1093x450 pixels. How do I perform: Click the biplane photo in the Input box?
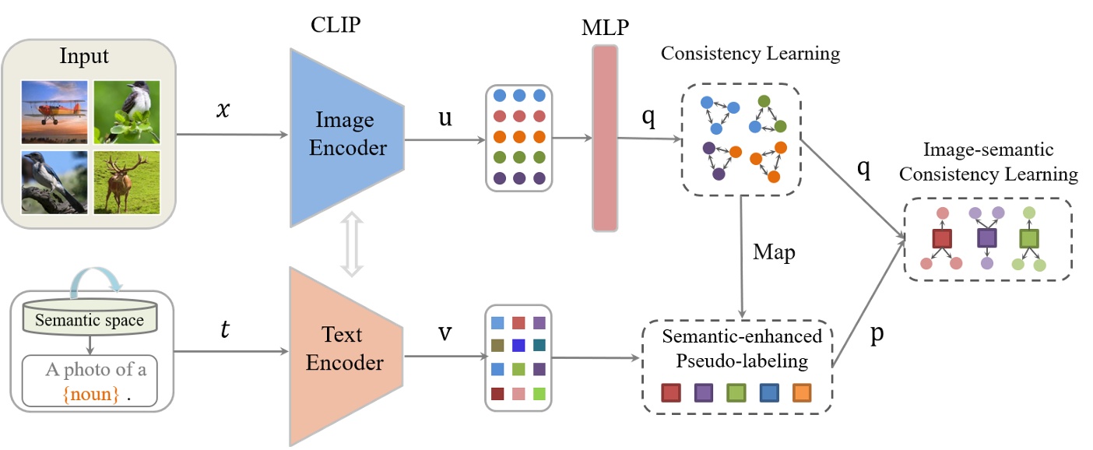pos(54,112)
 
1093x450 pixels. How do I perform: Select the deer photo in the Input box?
pos(126,183)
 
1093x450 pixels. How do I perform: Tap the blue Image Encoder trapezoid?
pos(346,138)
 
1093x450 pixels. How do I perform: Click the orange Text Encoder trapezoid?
pos(346,355)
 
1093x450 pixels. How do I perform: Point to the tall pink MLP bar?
pos(605,138)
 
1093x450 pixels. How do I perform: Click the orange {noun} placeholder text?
pos(92,394)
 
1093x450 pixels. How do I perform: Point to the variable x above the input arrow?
pos(224,111)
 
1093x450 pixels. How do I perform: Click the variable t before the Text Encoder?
pos(226,331)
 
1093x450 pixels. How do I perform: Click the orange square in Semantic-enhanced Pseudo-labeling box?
pos(802,393)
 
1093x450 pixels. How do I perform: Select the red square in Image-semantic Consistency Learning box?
pos(943,238)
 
